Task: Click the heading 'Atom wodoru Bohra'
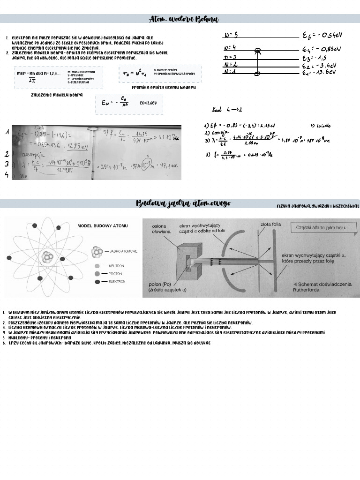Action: pos(183,19)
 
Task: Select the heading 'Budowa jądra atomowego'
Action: pos(183,203)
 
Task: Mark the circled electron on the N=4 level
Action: pos(257,50)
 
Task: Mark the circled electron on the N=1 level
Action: pos(257,74)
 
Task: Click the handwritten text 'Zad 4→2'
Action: pos(227,110)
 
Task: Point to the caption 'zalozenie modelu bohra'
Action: pos(56,95)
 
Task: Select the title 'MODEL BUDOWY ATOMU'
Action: pos(102,225)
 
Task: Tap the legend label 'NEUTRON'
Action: pos(116,265)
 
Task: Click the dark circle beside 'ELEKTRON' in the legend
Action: pos(97,282)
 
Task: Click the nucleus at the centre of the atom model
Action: pos(47,257)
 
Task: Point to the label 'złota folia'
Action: pos(270,225)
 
